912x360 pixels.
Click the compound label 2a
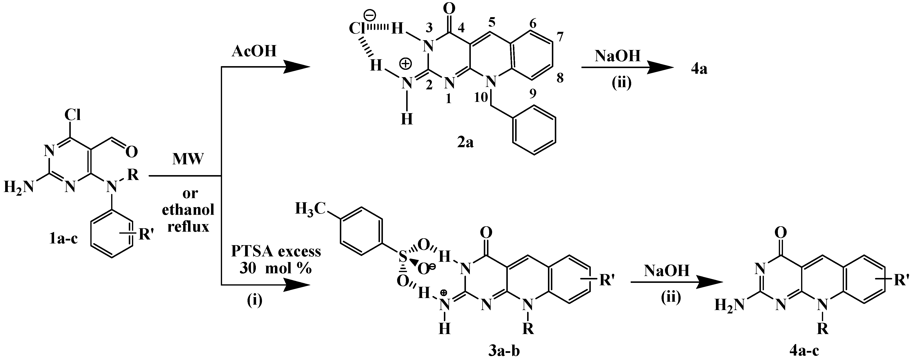pyautogui.click(x=465, y=143)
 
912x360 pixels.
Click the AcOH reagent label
pyautogui.click(x=254, y=52)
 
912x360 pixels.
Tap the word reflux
pyautogui.click(x=188, y=227)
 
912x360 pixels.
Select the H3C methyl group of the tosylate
pyautogui.click(x=310, y=209)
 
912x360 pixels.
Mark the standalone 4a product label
pyautogui.click(x=699, y=69)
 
